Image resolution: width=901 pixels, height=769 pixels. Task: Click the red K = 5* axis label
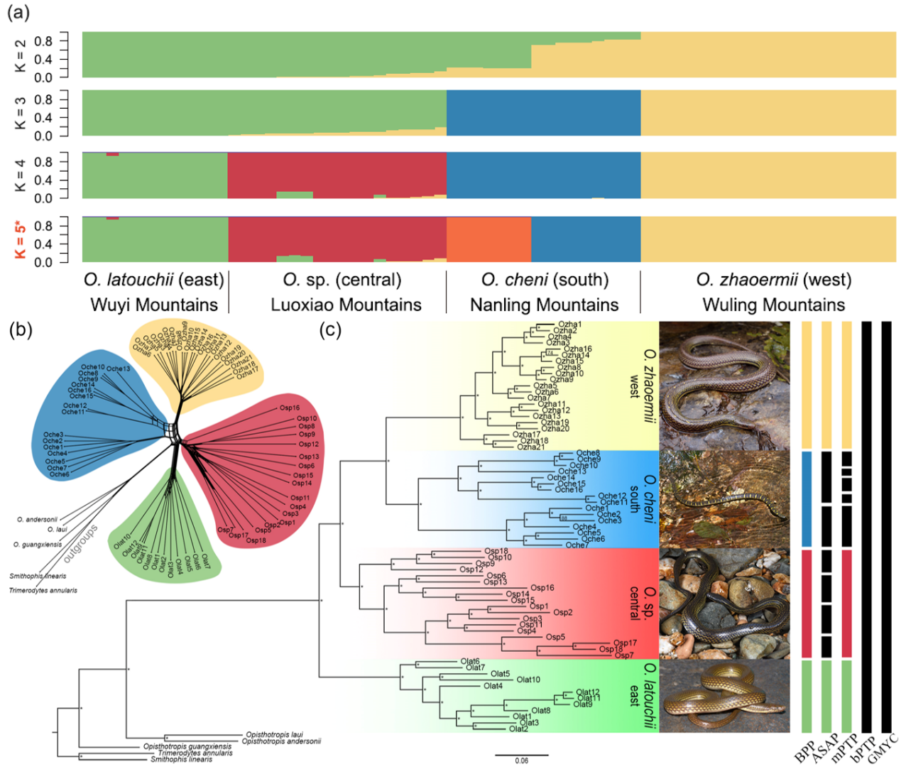(21, 240)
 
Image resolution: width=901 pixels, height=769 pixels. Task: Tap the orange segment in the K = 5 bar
(488, 240)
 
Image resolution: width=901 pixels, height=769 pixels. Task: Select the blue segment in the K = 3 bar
(543, 112)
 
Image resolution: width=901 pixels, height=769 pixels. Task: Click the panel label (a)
(18, 12)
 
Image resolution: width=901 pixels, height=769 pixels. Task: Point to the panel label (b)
(21, 329)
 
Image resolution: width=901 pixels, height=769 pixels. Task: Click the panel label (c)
(329, 329)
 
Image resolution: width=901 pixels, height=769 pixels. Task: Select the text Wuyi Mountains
(154, 305)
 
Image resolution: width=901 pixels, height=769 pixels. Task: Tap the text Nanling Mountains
(544, 305)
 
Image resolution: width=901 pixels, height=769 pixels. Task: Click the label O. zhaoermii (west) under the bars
(773, 280)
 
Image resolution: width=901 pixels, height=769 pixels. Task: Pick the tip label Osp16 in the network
(290, 408)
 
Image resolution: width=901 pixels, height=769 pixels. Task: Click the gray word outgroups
(80, 544)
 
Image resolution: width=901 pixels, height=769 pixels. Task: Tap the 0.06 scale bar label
(521, 760)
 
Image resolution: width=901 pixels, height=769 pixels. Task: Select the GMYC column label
(883, 749)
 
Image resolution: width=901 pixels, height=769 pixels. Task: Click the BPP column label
(804, 753)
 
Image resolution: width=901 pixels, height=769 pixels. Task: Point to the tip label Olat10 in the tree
(528, 680)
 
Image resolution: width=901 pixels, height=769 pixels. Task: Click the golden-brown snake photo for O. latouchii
(724, 696)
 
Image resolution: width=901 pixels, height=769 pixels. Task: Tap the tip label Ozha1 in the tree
(569, 324)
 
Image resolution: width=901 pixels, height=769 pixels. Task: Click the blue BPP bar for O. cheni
(806, 498)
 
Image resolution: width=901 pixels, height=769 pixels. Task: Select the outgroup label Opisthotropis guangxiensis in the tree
(187, 746)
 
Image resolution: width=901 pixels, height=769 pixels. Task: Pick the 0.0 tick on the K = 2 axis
(43, 77)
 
